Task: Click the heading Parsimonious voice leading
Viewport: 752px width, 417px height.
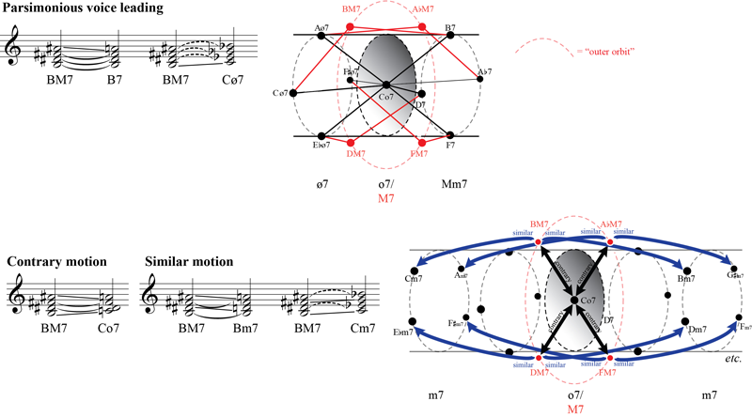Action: pos(82,8)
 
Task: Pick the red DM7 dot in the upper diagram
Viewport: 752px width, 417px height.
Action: pos(352,143)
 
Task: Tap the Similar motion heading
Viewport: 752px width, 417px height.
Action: pos(195,262)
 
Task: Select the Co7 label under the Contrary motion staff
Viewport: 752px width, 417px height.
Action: pos(113,331)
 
